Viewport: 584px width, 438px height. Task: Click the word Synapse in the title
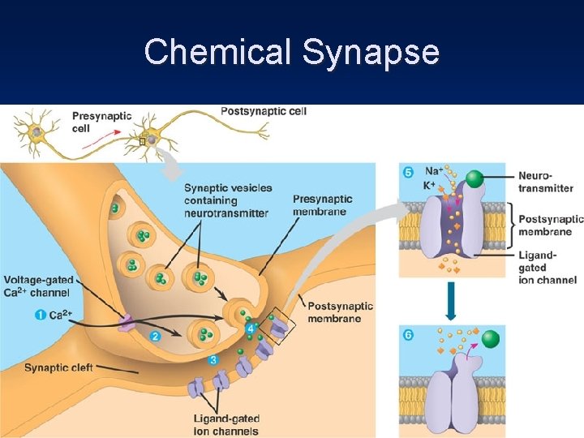point(371,53)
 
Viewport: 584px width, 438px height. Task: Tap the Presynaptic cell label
point(101,122)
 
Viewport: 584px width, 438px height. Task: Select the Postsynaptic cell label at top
point(264,111)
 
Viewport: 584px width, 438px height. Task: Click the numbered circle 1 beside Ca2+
point(40,315)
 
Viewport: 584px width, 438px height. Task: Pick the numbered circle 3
point(213,359)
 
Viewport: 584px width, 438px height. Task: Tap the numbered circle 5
point(408,172)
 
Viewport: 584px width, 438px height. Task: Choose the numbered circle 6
point(408,335)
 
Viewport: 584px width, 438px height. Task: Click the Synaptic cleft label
point(58,367)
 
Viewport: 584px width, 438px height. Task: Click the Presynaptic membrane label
point(322,206)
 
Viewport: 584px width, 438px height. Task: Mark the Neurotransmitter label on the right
point(545,182)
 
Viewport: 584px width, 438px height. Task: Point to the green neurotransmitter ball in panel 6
point(491,339)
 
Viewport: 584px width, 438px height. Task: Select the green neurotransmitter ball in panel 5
point(474,179)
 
